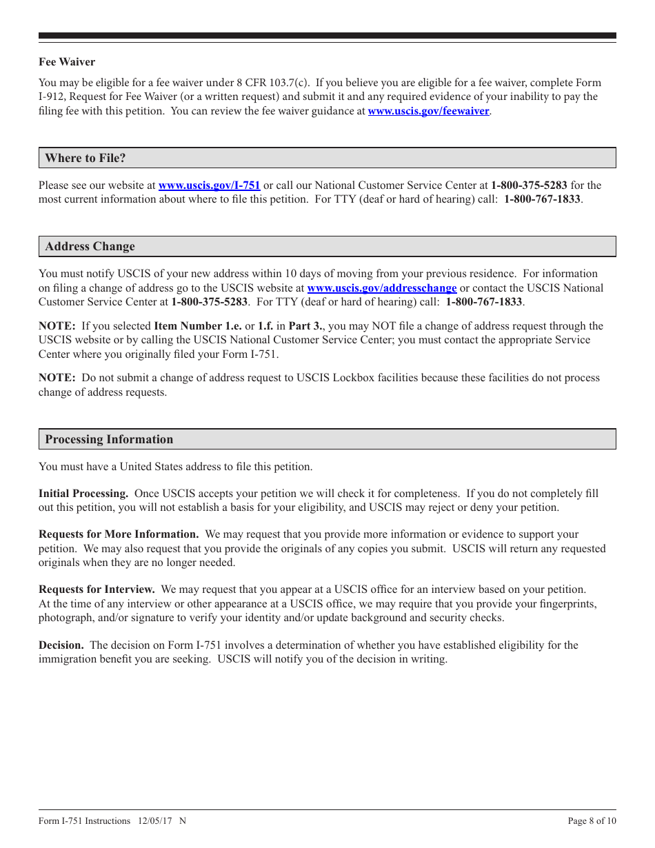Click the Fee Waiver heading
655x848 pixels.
click(67, 62)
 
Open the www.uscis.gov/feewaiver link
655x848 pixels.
click(428, 111)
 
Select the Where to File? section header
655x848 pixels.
click(85, 158)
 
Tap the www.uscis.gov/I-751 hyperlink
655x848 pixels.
click(209, 185)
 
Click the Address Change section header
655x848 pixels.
click(90, 247)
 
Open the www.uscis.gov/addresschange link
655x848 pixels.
click(381, 288)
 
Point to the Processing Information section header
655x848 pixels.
click(109, 440)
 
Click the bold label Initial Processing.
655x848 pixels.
click(83, 494)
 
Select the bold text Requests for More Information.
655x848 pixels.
click(119, 534)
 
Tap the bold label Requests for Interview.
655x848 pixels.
click(97, 589)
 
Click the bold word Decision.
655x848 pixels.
click(61, 645)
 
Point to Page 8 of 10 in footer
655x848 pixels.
click(592, 821)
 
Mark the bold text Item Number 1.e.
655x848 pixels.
click(197, 326)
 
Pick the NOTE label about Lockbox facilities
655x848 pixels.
click(57, 378)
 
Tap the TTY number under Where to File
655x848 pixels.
click(542, 199)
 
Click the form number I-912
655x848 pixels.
click(52, 97)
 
